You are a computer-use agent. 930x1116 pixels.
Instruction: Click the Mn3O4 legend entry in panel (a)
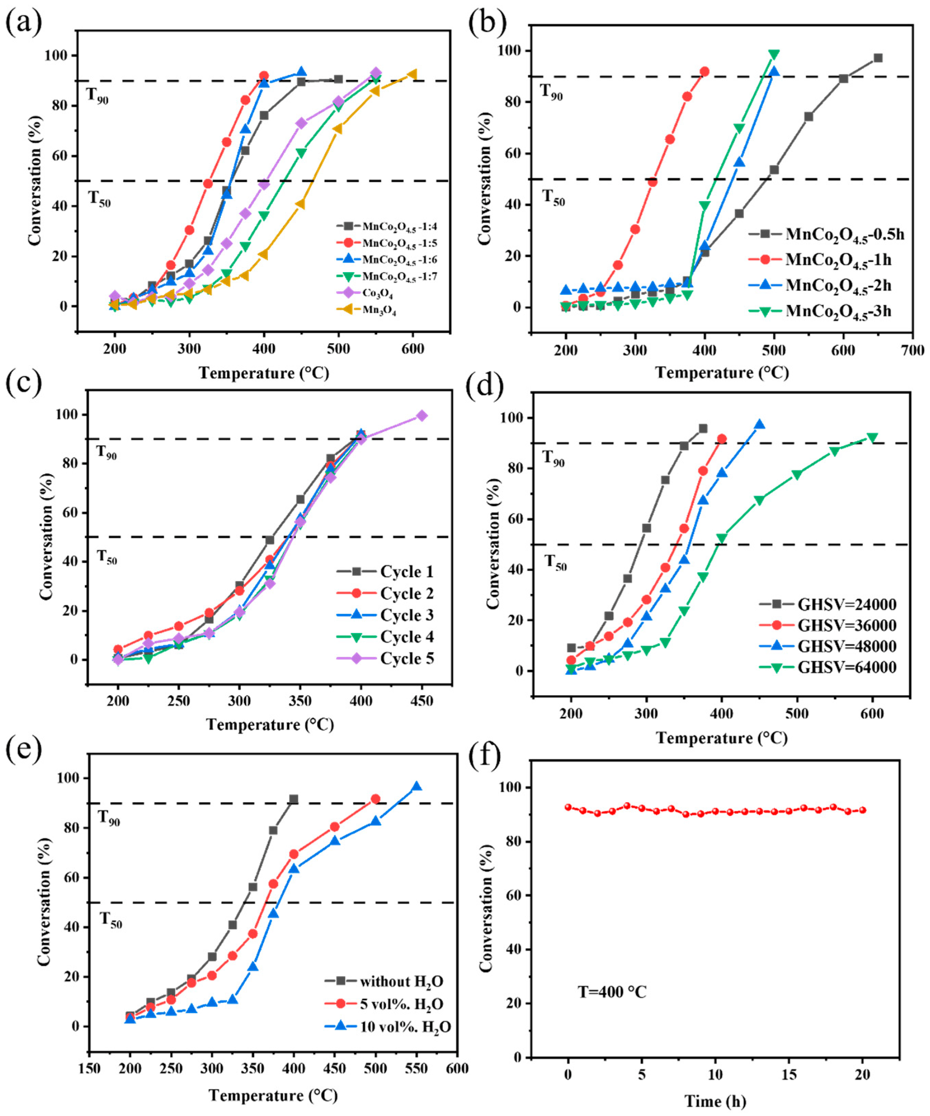click(x=378, y=311)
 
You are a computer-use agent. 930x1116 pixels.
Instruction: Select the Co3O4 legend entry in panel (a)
click(x=377, y=293)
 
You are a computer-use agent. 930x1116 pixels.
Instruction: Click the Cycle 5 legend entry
click(x=407, y=658)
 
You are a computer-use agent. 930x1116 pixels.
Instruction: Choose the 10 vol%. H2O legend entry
click(x=405, y=1027)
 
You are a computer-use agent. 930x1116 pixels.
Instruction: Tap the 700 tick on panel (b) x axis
click(x=913, y=350)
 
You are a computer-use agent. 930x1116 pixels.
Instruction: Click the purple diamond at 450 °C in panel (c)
click(x=422, y=415)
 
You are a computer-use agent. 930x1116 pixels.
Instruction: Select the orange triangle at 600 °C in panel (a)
click(x=412, y=74)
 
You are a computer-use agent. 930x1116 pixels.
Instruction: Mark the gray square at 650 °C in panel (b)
click(x=878, y=58)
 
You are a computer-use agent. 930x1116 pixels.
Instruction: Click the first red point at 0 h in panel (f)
click(x=568, y=807)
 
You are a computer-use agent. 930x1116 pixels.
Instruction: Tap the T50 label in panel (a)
click(x=99, y=199)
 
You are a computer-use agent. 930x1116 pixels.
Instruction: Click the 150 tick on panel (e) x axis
click(x=89, y=1068)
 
